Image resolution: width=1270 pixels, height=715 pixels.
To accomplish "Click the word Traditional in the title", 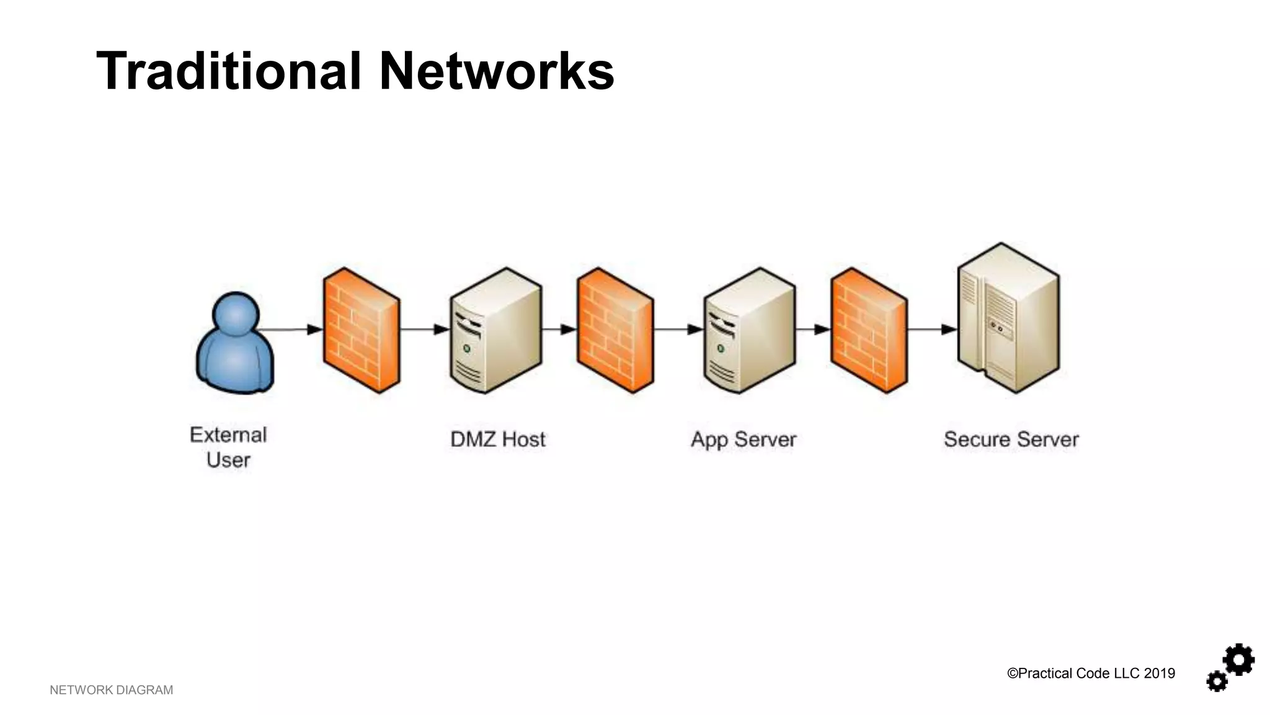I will (228, 71).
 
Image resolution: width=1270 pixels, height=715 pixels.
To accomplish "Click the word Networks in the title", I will (496, 71).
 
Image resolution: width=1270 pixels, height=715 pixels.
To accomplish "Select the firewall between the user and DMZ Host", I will (361, 330).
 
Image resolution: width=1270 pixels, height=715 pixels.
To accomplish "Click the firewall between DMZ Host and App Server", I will (615, 330).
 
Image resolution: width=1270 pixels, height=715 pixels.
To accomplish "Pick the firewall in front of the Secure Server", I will (868, 330).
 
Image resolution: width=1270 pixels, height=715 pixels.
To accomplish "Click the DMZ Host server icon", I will (495, 330).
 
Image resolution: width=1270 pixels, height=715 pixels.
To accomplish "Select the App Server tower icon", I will (749, 330).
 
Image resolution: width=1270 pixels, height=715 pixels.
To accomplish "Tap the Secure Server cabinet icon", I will (1008, 318).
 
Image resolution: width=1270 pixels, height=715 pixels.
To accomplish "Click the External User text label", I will (228, 447).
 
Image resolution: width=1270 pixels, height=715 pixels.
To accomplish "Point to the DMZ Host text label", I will (497, 439).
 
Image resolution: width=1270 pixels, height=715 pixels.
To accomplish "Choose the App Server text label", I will (744, 439).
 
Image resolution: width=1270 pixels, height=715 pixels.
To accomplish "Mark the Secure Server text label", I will (1011, 439).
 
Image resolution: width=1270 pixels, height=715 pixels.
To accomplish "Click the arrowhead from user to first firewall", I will (314, 329).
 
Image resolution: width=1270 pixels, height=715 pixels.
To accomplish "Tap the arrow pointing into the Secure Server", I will (948, 329).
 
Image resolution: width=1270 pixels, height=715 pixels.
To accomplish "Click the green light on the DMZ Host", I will (466, 349).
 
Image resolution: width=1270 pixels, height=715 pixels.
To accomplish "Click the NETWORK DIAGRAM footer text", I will (111, 690).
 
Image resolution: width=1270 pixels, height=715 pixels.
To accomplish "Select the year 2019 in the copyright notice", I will (1159, 673).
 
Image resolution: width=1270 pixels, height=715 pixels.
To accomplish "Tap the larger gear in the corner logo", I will (1239, 660).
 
